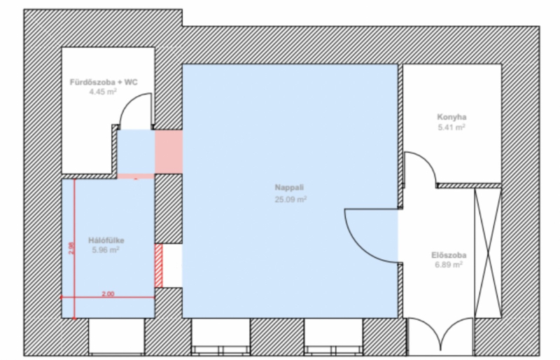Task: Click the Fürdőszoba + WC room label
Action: coord(104,82)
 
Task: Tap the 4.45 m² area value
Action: coord(103,92)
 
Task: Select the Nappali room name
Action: coord(289,187)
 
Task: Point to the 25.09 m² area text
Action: coord(290,199)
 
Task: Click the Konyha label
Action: coord(451,117)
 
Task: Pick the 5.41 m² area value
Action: coord(451,127)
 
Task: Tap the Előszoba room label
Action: coord(449,255)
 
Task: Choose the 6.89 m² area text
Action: coord(449,265)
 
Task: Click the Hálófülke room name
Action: coord(106,240)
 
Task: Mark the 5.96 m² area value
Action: coord(106,250)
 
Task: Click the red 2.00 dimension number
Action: coord(108,294)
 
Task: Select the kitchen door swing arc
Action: coord(428,161)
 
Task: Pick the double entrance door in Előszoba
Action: coord(441,335)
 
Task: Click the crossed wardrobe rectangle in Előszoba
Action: coord(488,253)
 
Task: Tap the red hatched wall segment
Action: coord(159,265)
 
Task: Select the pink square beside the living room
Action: coord(169,152)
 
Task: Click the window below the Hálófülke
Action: coord(116,336)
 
